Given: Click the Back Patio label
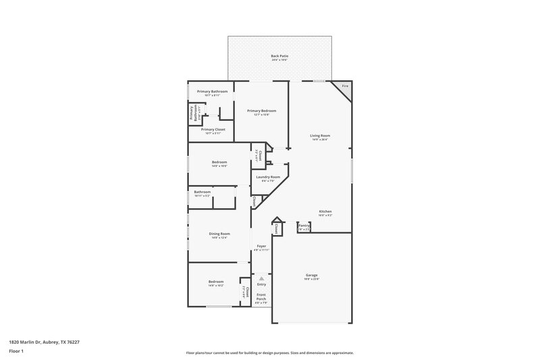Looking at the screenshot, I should point(279,56).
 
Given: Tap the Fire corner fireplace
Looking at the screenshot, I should point(344,87).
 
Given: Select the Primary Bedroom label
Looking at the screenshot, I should point(261,111).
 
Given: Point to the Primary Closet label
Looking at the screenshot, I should point(213,129).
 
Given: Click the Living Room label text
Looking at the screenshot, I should point(319,136).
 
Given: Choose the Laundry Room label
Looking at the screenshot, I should point(268,177).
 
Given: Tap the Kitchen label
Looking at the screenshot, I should point(325,211).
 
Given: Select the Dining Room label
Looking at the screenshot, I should point(219,234).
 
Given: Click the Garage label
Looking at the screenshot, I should point(311,275).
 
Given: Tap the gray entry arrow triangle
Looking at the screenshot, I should point(261,278).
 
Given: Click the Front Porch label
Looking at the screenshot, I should point(261,297).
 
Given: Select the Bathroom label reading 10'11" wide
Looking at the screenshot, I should point(202,192).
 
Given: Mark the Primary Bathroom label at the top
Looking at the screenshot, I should point(212,91).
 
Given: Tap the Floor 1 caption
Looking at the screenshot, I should point(17,352).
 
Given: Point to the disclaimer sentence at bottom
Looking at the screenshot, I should point(269,353).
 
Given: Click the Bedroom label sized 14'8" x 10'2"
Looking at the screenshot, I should point(216,282).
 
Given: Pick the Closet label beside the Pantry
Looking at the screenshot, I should point(276,230).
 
